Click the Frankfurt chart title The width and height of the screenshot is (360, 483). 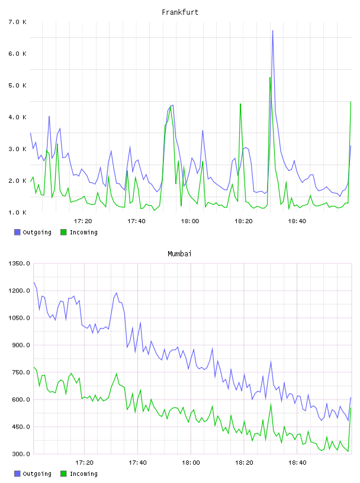[180, 12]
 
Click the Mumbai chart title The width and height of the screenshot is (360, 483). [179, 253]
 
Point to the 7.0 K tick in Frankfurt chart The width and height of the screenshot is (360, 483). [17, 22]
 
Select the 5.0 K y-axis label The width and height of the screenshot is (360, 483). [17, 85]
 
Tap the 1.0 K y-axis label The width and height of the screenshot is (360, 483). [17, 212]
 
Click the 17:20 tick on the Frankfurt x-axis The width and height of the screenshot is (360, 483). [83, 221]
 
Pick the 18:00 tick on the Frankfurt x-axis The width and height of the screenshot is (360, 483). [190, 221]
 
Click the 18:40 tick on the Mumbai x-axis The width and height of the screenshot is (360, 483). [297, 462]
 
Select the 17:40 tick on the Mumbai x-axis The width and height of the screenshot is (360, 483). [137, 462]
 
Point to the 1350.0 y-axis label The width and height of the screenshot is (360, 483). [19, 263]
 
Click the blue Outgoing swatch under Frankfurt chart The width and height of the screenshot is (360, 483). [17, 232]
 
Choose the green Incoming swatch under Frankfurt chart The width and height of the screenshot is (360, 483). [63, 232]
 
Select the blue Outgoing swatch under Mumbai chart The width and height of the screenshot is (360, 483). [17, 474]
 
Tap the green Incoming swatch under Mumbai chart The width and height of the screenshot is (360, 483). [63, 474]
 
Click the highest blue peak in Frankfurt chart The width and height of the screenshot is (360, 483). [272, 31]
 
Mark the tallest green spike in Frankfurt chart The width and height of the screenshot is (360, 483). [270, 78]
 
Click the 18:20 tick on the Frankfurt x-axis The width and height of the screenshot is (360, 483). [243, 221]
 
